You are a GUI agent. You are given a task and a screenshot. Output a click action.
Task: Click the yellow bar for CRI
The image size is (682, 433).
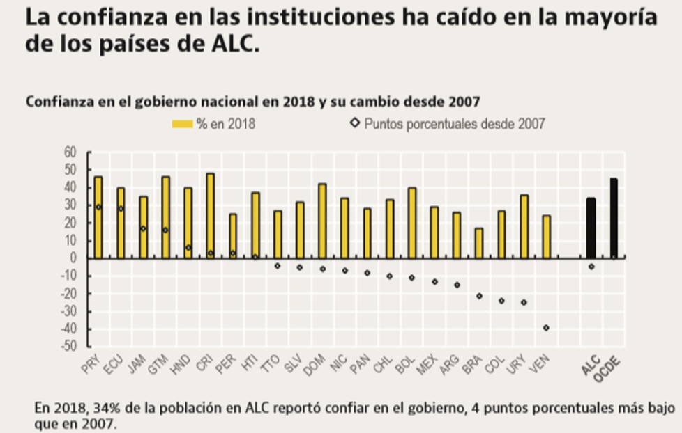click(211, 216)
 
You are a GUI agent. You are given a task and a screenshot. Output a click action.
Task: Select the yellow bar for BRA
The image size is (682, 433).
click(479, 243)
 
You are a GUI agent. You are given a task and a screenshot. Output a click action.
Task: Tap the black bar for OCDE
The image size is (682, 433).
click(614, 218)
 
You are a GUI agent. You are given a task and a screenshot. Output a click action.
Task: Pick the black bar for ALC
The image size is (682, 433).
click(591, 228)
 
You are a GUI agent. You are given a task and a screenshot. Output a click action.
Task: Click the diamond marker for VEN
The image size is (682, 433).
click(546, 328)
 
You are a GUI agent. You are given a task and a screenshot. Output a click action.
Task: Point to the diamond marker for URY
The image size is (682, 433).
click(524, 302)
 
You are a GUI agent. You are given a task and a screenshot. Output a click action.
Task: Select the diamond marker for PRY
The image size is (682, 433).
click(98, 207)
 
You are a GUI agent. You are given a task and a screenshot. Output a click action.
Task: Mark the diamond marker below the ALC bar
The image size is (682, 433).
click(591, 267)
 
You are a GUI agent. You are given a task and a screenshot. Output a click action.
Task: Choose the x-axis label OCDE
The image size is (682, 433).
click(609, 368)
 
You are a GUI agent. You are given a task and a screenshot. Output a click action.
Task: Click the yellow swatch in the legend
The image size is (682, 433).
click(182, 125)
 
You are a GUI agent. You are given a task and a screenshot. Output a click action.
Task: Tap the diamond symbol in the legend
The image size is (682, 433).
click(354, 124)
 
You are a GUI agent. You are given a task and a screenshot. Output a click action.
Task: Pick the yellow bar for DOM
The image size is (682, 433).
click(322, 221)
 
